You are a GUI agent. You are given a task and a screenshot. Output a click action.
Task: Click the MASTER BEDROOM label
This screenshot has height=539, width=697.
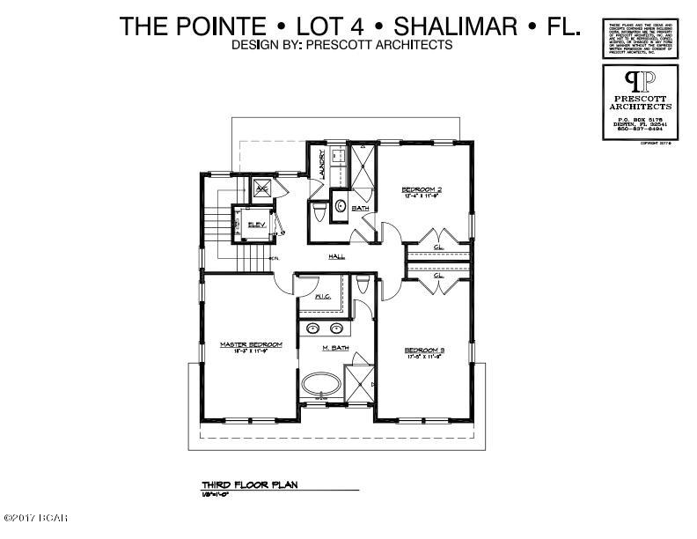[251, 344]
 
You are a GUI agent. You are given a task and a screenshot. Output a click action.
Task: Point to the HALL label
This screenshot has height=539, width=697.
[336, 257]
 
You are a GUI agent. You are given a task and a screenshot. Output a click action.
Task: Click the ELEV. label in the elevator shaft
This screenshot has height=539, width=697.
[257, 225]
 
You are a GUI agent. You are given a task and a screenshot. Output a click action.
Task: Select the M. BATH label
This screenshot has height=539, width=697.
[335, 350]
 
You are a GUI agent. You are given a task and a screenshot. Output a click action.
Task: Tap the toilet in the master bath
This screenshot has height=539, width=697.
[362, 285]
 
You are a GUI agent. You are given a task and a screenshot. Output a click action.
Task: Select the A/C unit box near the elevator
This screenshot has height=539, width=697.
[261, 188]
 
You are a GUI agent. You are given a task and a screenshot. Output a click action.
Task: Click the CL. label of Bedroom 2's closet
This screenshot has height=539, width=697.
[438, 247]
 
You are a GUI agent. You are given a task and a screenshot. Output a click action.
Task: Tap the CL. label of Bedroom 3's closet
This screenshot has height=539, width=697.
[438, 276]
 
